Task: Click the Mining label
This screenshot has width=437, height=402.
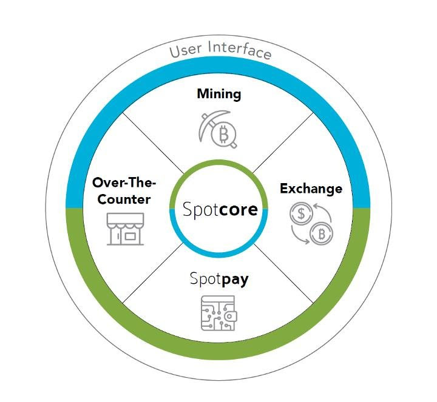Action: (218, 94)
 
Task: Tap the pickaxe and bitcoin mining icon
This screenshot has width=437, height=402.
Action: (218, 130)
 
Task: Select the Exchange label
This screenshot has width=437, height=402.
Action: (311, 189)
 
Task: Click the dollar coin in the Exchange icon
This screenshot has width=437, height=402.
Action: (301, 213)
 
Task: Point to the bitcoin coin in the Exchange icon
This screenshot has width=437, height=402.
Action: (322, 233)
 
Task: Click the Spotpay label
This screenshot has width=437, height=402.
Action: (219, 279)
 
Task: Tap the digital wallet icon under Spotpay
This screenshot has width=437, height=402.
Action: (219, 313)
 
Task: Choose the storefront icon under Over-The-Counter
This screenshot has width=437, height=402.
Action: (125, 229)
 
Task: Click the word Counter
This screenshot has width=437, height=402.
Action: (124, 199)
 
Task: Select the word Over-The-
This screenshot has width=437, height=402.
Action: (124, 183)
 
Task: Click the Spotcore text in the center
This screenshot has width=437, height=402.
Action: (220, 209)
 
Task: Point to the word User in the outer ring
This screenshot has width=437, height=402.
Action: (185, 51)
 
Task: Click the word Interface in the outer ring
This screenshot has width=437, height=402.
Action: (239, 50)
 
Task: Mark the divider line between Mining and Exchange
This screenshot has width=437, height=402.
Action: (283, 142)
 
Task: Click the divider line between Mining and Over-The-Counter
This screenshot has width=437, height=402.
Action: (153, 143)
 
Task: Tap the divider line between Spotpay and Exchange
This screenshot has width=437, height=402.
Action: (284, 273)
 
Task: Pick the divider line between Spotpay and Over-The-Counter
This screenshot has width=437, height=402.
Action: (153, 273)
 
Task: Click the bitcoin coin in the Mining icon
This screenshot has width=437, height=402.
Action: (223, 135)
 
